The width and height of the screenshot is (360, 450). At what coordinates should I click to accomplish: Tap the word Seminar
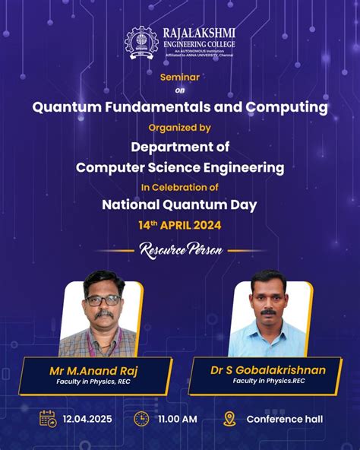click(179, 78)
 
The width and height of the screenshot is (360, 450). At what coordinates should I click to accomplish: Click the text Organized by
click(179, 128)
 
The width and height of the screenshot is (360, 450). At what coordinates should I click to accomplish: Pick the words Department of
click(180, 147)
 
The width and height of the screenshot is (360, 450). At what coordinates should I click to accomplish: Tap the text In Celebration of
click(179, 186)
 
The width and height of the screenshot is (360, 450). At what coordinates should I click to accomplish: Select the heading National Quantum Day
click(179, 204)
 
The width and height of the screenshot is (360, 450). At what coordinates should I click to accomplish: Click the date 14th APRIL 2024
click(180, 226)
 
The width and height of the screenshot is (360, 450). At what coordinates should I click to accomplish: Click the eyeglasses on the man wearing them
click(103, 300)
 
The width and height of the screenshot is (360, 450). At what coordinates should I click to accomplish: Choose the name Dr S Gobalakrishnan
click(268, 370)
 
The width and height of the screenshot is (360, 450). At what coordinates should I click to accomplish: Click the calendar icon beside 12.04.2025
click(48, 418)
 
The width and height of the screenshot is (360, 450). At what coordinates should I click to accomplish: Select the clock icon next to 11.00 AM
click(141, 418)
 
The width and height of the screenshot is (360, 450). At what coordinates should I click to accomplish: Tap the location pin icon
click(229, 418)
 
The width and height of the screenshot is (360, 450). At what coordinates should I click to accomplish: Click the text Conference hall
click(285, 419)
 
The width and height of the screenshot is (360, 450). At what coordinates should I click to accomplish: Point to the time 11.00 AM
click(178, 419)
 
